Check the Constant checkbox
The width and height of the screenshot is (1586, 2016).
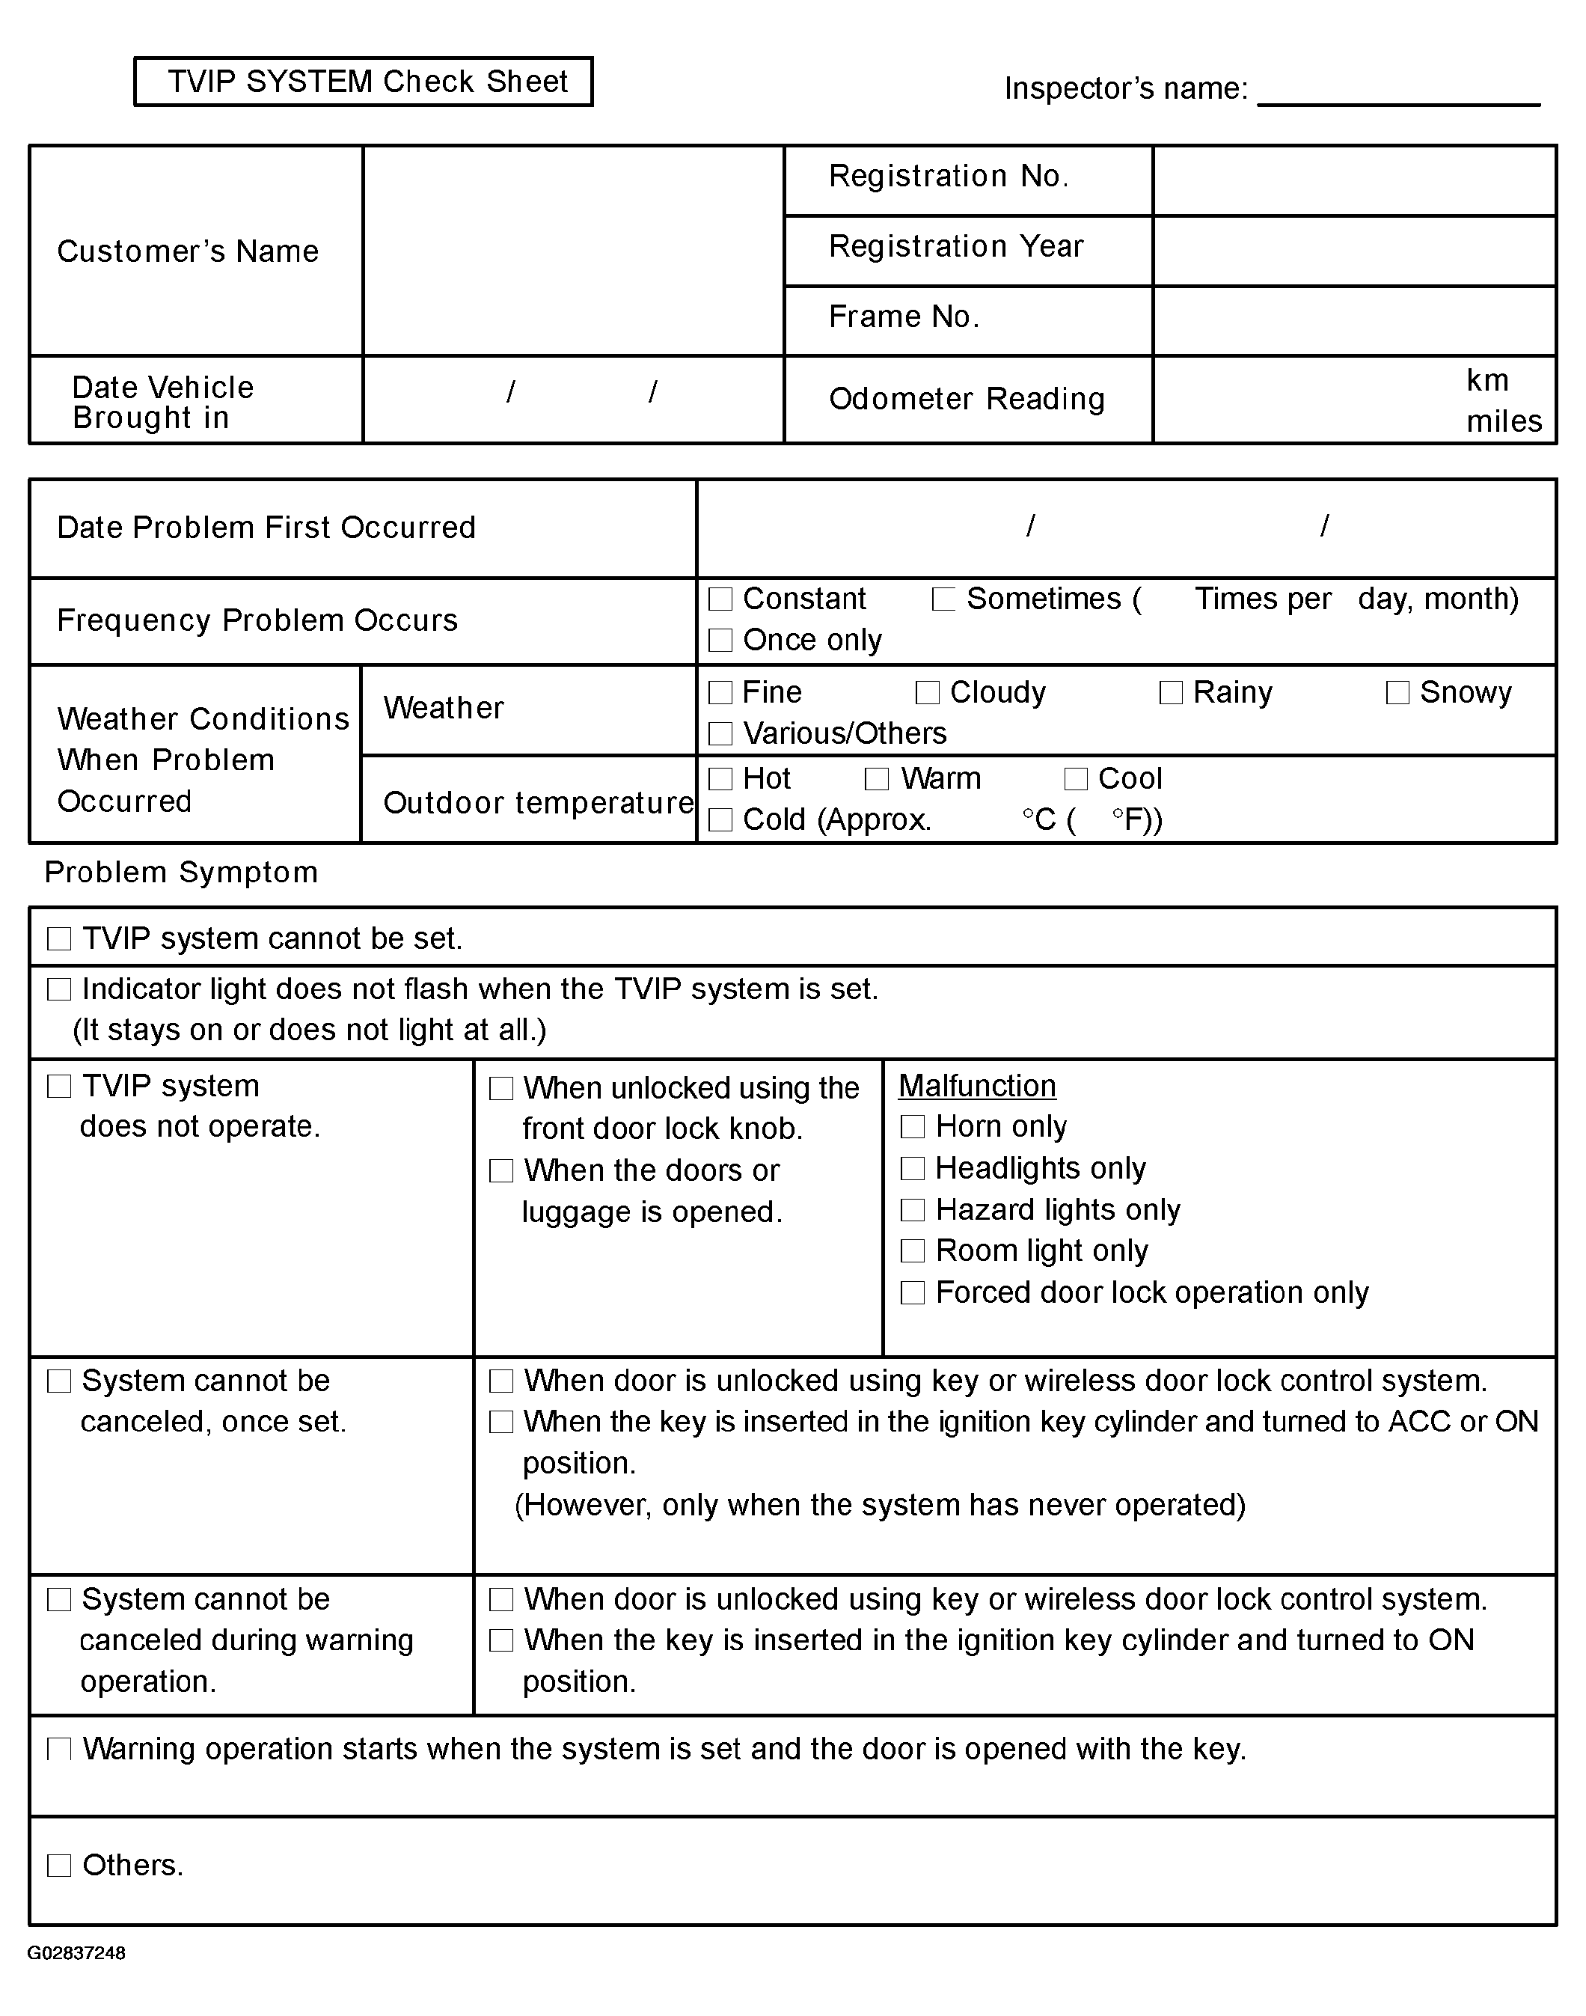720,599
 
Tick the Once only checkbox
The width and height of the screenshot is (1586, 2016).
720,640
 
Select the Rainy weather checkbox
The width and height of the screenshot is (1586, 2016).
1171,693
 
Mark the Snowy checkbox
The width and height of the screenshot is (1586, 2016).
1397,693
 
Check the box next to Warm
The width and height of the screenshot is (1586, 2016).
877,779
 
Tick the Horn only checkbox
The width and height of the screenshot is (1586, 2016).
913,1126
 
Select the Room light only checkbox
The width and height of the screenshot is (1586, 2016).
913,1250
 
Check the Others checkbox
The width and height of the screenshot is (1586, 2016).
59,1866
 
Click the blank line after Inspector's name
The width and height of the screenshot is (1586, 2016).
1397,93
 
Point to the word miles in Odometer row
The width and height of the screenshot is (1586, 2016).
1504,421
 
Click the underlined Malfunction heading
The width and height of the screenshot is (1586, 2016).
977,1086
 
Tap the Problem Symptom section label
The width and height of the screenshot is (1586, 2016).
181,873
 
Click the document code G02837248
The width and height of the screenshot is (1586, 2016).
76,1953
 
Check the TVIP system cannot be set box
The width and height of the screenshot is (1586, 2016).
59,939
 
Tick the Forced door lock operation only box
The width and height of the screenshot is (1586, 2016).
913,1292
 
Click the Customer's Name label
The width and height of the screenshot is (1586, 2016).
188,251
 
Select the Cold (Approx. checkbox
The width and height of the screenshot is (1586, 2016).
720,820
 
